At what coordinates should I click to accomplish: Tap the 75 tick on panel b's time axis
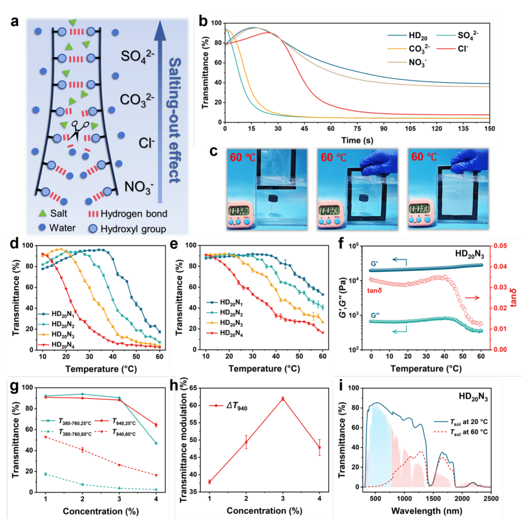tap(357, 130)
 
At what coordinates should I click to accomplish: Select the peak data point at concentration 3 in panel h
tap(283, 399)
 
